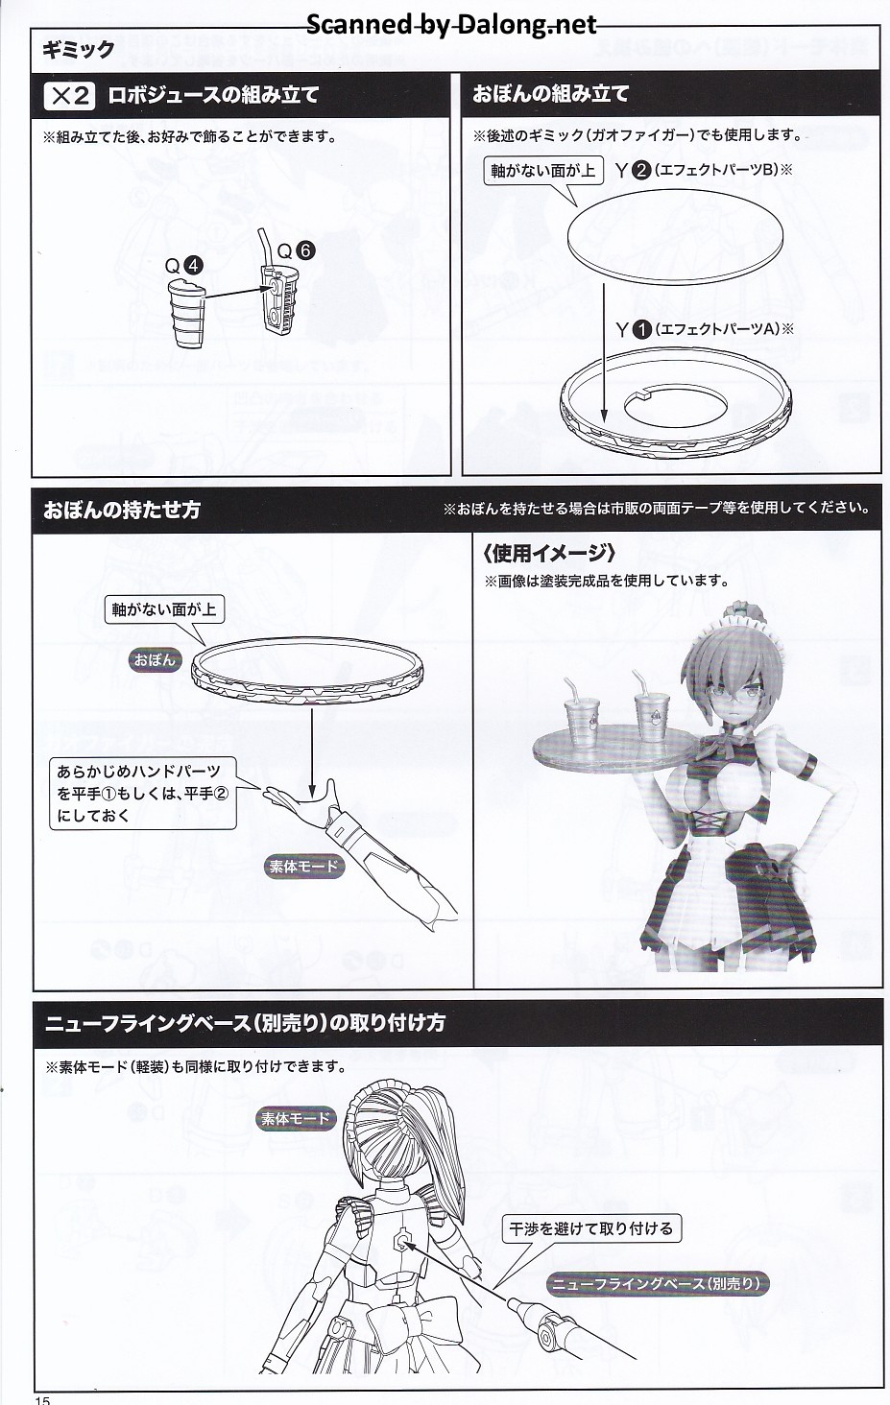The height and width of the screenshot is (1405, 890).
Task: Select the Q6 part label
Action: [x=296, y=250]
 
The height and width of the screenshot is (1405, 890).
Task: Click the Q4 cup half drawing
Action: [x=187, y=312]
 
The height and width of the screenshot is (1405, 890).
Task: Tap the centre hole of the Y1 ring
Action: [x=675, y=408]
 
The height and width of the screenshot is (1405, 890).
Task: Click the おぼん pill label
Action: [x=155, y=660]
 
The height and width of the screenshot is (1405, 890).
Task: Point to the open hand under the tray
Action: [x=301, y=798]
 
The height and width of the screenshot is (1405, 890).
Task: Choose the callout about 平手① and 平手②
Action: [x=143, y=794]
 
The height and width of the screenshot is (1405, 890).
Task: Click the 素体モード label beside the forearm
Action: [x=303, y=867]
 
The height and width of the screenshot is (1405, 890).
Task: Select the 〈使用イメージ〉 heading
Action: [x=548, y=553]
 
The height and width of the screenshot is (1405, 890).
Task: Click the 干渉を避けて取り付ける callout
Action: [x=591, y=1228]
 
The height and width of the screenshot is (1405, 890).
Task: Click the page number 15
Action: [x=42, y=1398]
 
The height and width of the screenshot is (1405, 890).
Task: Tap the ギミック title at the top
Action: [x=79, y=50]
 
